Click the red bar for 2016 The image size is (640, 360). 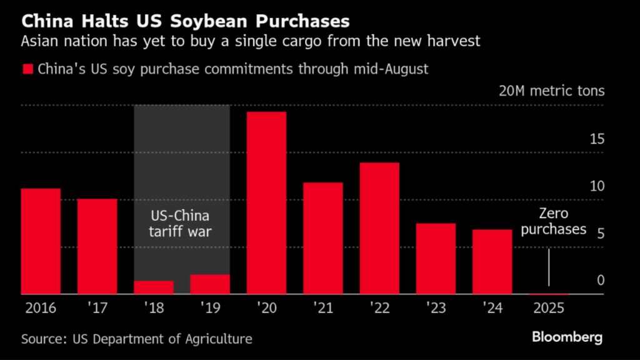(41, 241)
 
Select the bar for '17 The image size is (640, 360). (97, 246)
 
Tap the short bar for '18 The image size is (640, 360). (154, 287)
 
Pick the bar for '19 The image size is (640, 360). (210, 284)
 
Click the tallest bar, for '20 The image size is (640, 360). (266, 202)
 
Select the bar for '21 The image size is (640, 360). (323, 238)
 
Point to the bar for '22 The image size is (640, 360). (379, 228)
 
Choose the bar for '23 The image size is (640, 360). (436, 258)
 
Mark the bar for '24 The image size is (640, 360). (492, 261)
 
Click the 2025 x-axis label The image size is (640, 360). (548, 308)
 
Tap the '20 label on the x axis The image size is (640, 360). (266, 308)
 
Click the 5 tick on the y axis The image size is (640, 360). (601, 234)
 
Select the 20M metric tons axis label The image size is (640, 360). (552, 91)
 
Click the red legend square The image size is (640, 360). (27, 69)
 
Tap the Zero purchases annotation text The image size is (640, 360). (554, 222)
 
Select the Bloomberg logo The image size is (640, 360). (567, 337)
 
